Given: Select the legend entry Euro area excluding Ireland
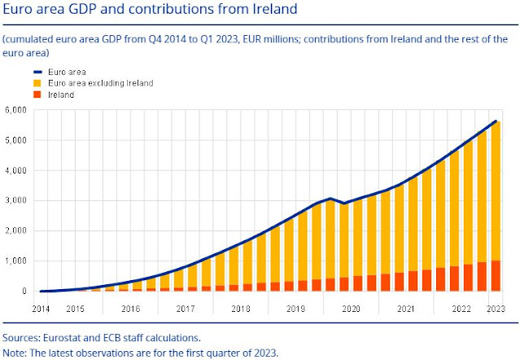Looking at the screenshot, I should coord(76,83).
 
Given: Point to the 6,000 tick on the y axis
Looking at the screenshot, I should coord(17,111).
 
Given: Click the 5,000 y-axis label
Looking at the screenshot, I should coord(17,141).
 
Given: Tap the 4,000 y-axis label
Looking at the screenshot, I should coord(17,171).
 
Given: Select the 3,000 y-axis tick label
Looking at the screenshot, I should coord(17,200).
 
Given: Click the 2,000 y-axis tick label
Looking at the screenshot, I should coord(17,230).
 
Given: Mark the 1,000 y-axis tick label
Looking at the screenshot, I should coord(17,261).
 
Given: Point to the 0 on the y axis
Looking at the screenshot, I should coord(24,291).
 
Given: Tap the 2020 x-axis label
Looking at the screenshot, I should coord(352,310).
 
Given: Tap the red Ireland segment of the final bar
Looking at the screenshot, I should coord(495,276).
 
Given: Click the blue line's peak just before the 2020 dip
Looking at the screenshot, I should coord(330,198).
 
